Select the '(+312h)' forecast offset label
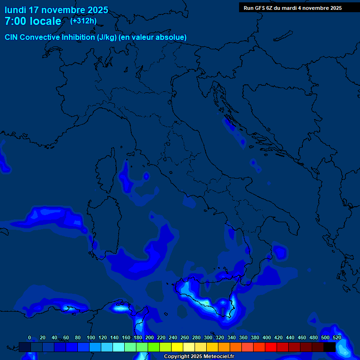click(x=83, y=21)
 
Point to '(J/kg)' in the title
click(x=107, y=37)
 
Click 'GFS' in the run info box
click(x=259, y=8)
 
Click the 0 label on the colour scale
click(x=30, y=337)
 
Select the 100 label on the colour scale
click(x=90, y=337)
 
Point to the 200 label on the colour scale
click(x=149, y=337)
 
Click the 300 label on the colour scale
click(x=208, y=337)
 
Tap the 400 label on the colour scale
click(x=266, y=337)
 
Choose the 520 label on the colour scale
click(x=337, y=337)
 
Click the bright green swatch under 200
click(x=154, y=347)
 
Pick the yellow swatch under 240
click(x=177, y=347)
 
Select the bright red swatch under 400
click(x=271, y=347)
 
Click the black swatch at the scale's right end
click(x=330, y=347)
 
